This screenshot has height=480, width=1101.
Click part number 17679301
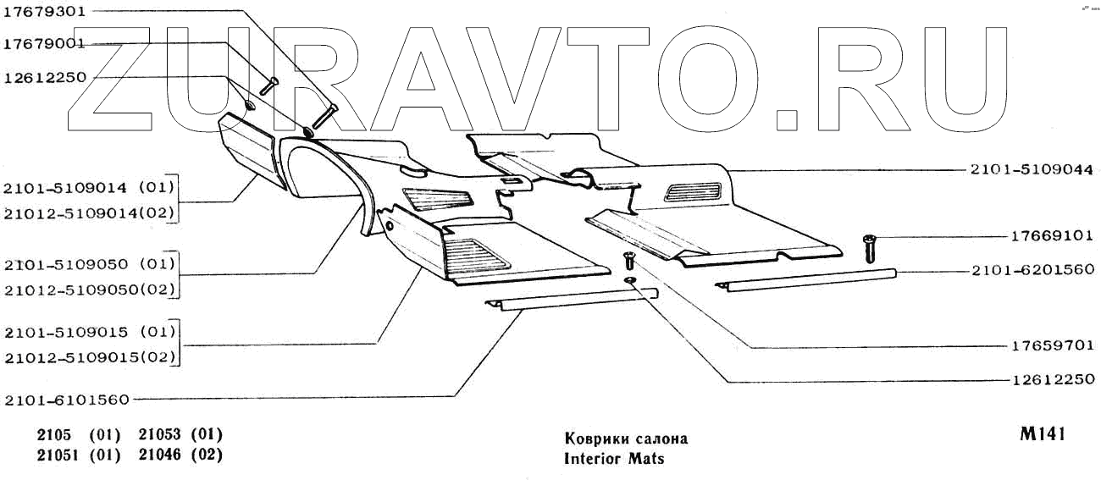(45, 12)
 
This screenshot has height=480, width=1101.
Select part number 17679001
(45, 43)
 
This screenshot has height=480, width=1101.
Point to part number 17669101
(1053, 236)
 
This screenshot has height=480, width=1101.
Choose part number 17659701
(1053, 345)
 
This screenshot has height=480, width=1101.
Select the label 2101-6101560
(67, 399)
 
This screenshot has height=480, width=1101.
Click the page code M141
(1041, 434)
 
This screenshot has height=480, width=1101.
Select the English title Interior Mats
(614, 459)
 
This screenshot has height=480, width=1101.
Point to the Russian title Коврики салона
(626, 439)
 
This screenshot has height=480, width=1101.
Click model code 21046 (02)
(180, 455)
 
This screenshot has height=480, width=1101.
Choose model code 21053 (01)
(180, 434)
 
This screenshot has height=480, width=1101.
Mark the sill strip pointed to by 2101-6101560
(572, 300)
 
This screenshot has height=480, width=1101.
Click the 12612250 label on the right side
(1053, 379)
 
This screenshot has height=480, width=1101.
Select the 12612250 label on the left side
(45, 76)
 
